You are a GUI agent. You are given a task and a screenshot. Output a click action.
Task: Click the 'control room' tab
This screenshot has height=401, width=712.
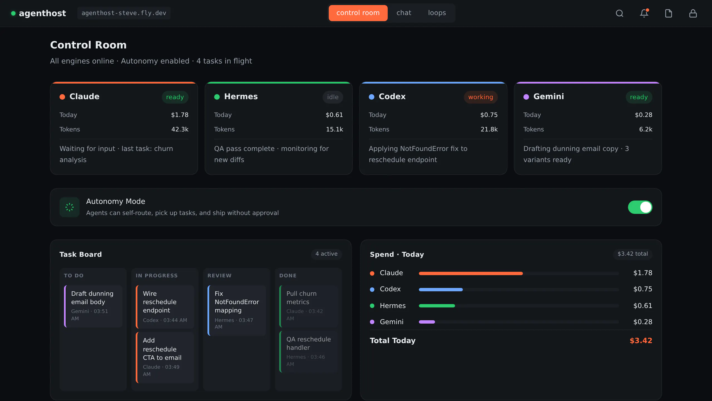358,13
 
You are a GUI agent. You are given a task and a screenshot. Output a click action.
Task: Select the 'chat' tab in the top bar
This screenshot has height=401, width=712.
404,13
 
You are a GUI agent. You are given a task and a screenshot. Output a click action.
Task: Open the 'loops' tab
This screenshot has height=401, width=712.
437,13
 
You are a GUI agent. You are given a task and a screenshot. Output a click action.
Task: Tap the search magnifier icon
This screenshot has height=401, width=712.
619,13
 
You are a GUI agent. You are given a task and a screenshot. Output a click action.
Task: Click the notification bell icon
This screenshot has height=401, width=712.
644,13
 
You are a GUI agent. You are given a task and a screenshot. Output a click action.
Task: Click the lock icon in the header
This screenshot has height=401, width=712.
693,13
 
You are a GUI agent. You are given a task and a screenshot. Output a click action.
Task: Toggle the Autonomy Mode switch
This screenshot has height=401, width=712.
640,207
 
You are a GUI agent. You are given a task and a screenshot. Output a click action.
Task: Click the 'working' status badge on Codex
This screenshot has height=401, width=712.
481,97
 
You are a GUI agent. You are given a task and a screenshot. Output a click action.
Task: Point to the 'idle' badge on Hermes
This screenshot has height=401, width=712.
333,97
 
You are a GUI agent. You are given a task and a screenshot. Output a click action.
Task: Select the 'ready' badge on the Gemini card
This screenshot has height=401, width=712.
639,97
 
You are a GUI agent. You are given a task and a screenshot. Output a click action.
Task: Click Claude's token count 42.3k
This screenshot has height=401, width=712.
180,129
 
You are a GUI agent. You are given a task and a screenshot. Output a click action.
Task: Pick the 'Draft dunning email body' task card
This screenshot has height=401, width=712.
93,306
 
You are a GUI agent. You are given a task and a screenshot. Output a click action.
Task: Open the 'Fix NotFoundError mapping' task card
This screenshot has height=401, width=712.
237,310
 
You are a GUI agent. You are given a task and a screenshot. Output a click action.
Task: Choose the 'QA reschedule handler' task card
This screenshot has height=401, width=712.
308,352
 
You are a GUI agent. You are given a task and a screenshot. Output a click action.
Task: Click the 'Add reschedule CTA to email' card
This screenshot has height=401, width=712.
165,358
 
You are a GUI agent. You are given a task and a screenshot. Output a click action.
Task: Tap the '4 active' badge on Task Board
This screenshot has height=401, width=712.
327,254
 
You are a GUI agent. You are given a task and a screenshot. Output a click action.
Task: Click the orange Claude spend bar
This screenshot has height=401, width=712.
471,273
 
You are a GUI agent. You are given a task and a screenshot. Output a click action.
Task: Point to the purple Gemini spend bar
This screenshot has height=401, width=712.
427,322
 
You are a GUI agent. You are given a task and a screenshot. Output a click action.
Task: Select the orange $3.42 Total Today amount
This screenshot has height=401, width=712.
641,341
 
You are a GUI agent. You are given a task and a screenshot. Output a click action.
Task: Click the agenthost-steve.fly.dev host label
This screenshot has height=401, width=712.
124,13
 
